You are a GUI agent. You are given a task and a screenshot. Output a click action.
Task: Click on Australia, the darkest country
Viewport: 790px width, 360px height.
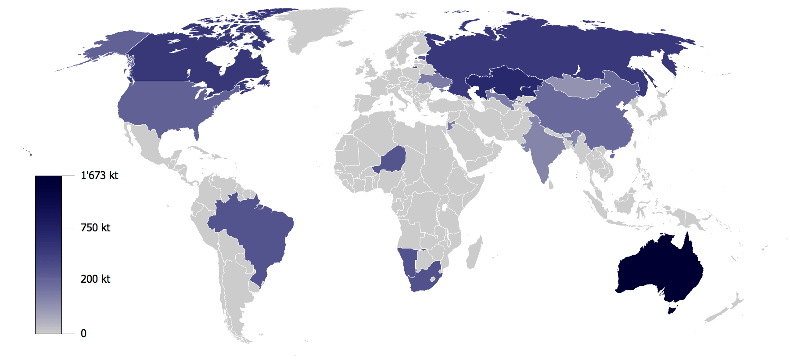coord(658,268)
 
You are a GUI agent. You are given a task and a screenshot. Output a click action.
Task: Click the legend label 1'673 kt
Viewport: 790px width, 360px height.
coord(100,176)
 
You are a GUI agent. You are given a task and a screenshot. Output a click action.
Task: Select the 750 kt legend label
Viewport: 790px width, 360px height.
coord(95,228)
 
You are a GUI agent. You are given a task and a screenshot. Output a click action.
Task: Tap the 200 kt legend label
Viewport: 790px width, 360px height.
coord(95,279)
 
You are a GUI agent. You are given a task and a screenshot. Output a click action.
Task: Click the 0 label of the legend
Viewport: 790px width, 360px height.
coord(83,334)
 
